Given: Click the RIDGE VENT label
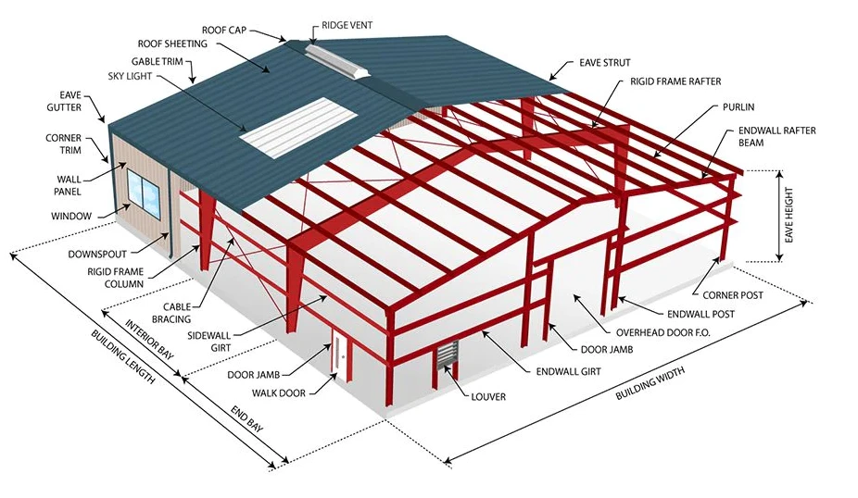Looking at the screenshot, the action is [x=347, y=25].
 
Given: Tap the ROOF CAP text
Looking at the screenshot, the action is [x=224, y=30].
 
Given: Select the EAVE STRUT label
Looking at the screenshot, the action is [x=605, y=63].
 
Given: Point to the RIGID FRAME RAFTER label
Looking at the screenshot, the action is [x=675, y=81].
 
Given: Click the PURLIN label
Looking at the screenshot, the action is [x=738, y=107].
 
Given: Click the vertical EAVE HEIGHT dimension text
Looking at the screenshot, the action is [x=789, y=216].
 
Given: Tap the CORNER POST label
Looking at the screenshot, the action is [x=733, y=295].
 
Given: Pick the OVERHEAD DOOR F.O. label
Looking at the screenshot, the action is [x=663, y=332].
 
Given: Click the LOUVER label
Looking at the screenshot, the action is [x=488, y=397].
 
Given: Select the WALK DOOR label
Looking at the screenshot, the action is [x=279, y=393].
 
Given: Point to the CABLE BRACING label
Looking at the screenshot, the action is [x=171, y=313].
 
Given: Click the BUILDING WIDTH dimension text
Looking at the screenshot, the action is [x=650, y=383].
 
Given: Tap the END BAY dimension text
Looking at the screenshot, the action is [x=246, y=418].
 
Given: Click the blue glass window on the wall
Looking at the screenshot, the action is [x=144, y=189].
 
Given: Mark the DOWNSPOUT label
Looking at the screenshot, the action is [x=97, y=255].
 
